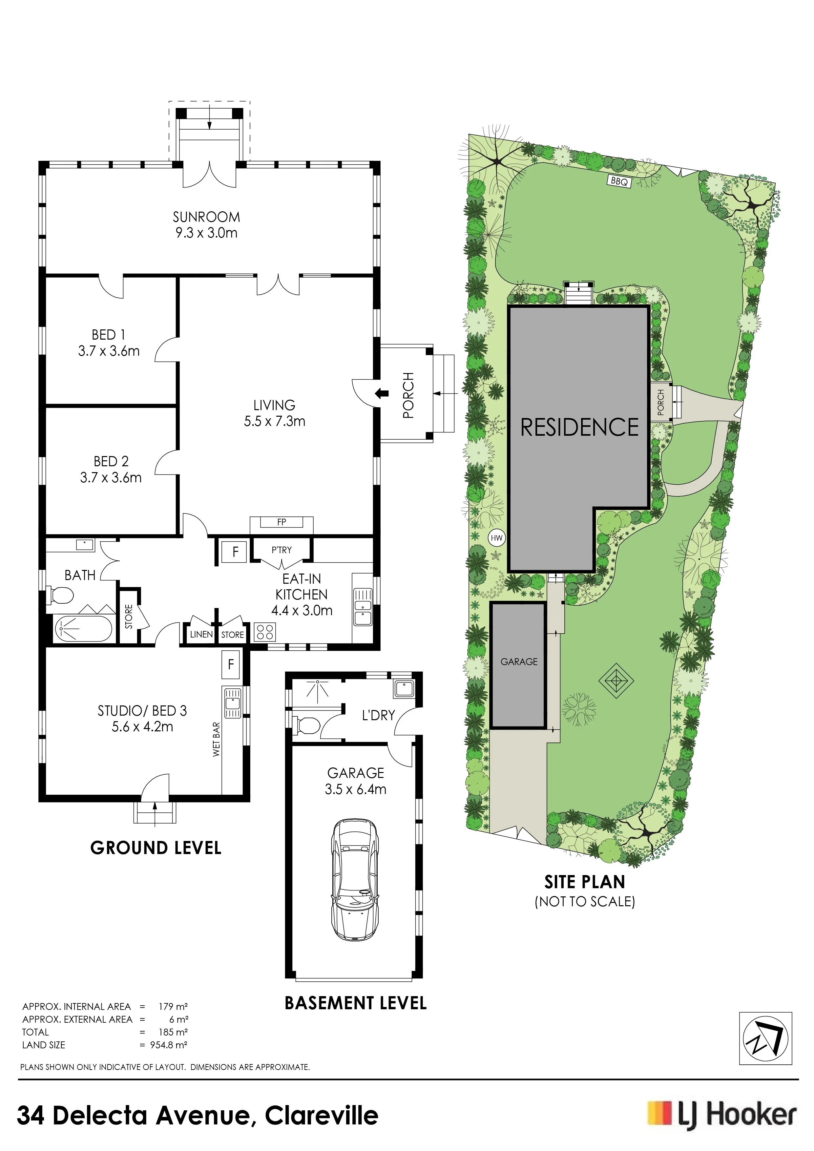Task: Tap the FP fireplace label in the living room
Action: point(282,522)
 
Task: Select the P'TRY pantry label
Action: point(282,550)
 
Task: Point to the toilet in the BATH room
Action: point(60,596)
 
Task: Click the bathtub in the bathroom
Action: point(84,628)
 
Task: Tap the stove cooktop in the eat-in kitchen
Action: point(265,632)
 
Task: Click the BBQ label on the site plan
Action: point(619,181)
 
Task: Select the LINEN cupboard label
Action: point(201,635)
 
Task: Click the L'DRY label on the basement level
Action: point(378,715)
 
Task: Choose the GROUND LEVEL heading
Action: point(156,848)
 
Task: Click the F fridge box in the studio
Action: point(231,665)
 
